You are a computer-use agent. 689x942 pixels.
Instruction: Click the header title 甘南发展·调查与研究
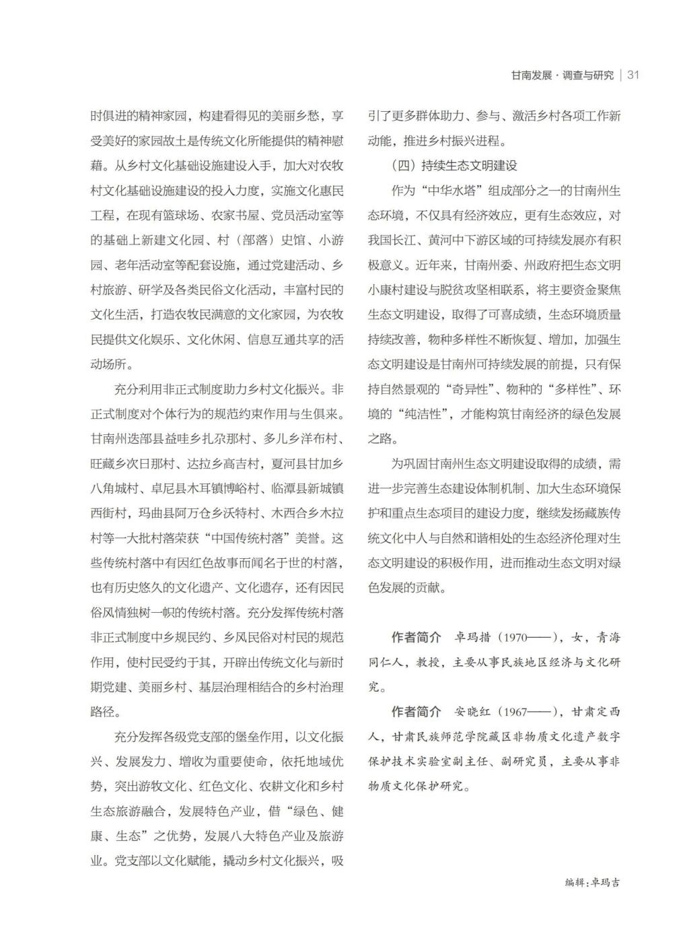[562, 75]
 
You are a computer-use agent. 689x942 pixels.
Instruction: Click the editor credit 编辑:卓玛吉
[593, 882]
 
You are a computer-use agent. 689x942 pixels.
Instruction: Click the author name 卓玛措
[473, 637]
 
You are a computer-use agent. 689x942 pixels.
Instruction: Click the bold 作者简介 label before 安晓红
[416, 712]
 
